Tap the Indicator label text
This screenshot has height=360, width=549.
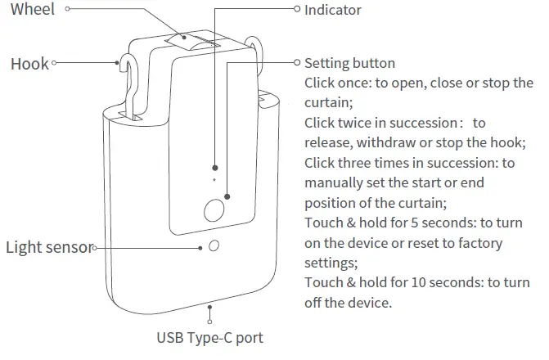(332, 10)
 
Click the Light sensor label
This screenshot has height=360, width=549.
(48, 246)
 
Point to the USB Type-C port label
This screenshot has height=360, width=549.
(210, 336)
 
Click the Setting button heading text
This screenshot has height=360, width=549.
(349, 63)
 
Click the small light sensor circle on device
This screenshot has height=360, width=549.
(214, 246)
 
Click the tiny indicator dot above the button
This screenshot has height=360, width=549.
(214, 178)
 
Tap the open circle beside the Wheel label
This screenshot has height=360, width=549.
(67, 10)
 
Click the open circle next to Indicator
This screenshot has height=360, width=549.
(297, 10)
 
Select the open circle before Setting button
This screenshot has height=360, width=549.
(297, 63)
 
